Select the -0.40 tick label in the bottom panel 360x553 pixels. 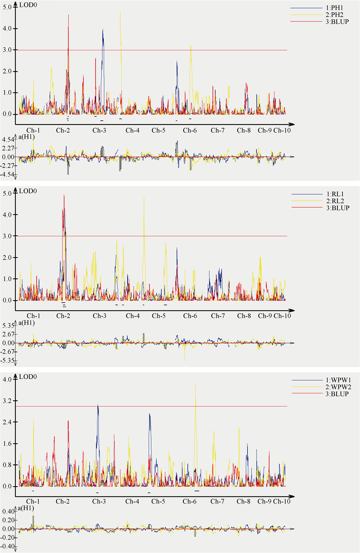[8, 546]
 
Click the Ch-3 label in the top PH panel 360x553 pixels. [99, 130]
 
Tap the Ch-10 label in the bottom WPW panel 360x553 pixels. [282, 501]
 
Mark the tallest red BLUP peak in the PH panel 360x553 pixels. [68, 16]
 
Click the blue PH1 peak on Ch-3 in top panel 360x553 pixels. [102, 30]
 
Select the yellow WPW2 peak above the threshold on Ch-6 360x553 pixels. [195, 385]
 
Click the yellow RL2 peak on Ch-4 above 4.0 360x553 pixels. [144, 199]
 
